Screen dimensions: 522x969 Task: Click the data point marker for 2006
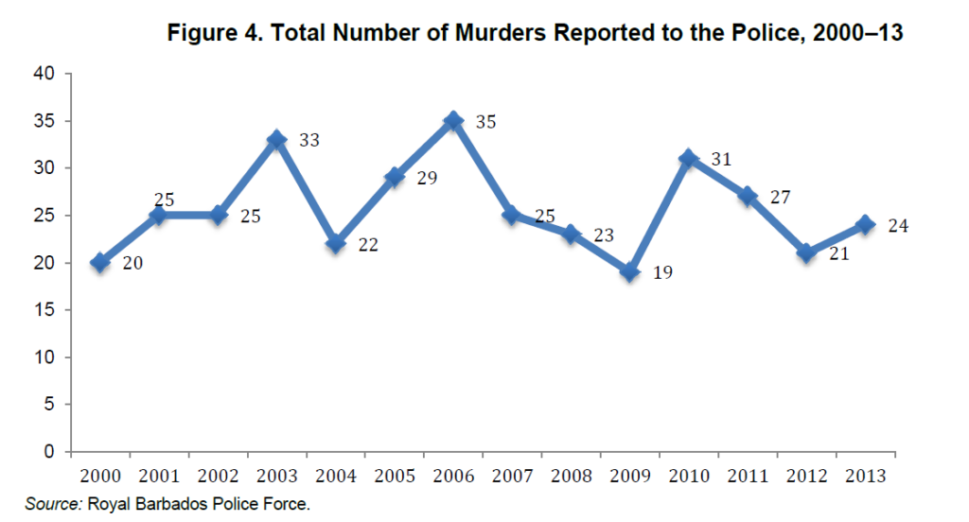pos(453,121)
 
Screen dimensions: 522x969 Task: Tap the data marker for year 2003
pos(277,140)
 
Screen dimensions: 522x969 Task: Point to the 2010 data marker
pos(689,158)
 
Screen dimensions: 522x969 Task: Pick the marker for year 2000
pos(100,263)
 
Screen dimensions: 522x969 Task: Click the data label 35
pos(486,122)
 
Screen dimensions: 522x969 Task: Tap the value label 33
pos(309,141)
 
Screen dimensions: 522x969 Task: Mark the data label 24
pos(898,226)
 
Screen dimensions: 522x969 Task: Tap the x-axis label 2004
pos(336,474)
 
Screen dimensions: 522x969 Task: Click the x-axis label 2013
pos(865,474)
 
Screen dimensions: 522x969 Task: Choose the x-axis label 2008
pos(571,474)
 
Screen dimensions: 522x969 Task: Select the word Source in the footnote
pos(53,504)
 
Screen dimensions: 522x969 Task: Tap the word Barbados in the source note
pos(165,504)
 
